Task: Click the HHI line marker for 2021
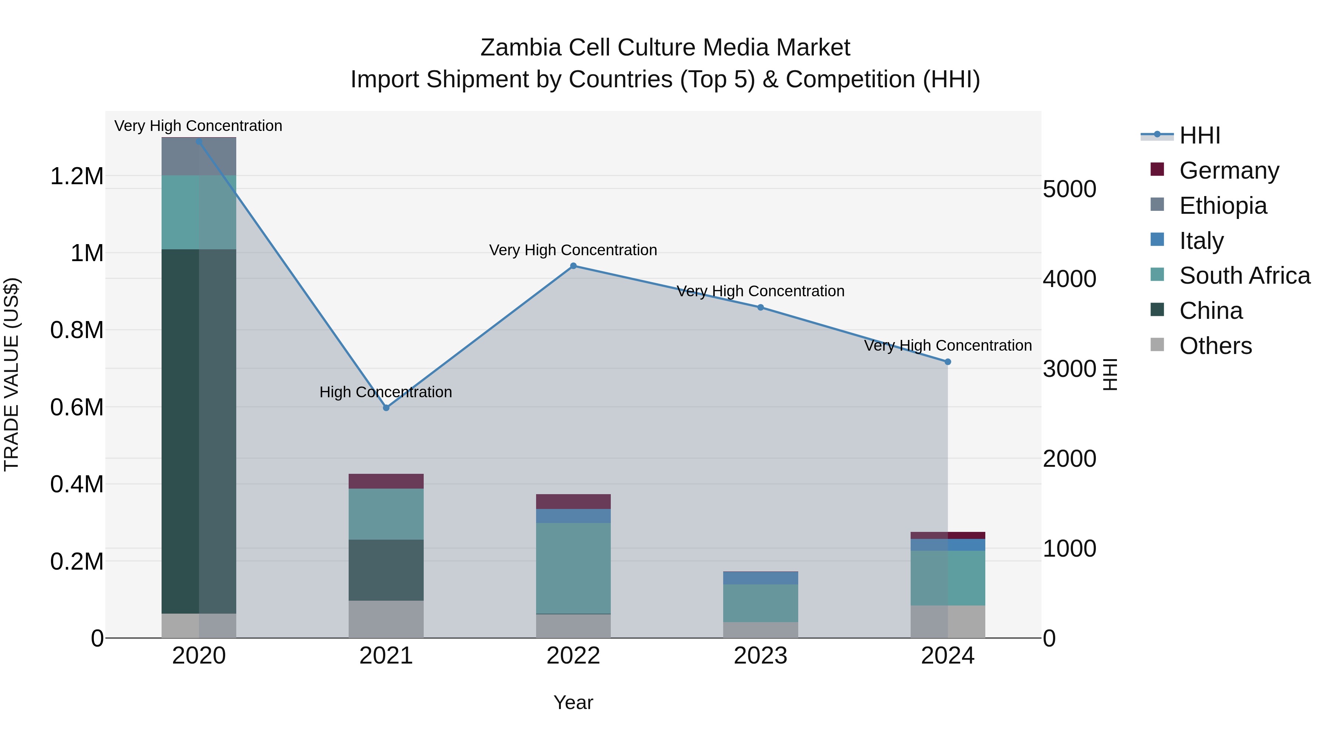(x=386, y=408)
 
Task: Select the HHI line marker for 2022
(x=573, y=266)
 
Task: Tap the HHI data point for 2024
(x=948, y=362)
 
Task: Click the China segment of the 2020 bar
(x=199, y=432)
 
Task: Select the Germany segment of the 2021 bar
(x=386, y=481)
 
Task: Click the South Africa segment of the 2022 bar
(x=573, y=568)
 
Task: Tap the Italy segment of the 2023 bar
(x=760, y=578)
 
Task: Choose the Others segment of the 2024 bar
(x=948, y=621)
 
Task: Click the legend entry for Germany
(x=1229, y=171)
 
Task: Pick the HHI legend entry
(x=1199, y=135)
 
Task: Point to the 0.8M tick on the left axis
(x=77, y=330)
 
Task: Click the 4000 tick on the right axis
(x=1069, y=279)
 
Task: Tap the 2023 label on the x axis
(x=760, y=656)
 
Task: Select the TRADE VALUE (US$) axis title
(x=11, y=374)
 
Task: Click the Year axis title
(x=573, y=702)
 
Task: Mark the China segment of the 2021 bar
(x=386, y=570)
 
